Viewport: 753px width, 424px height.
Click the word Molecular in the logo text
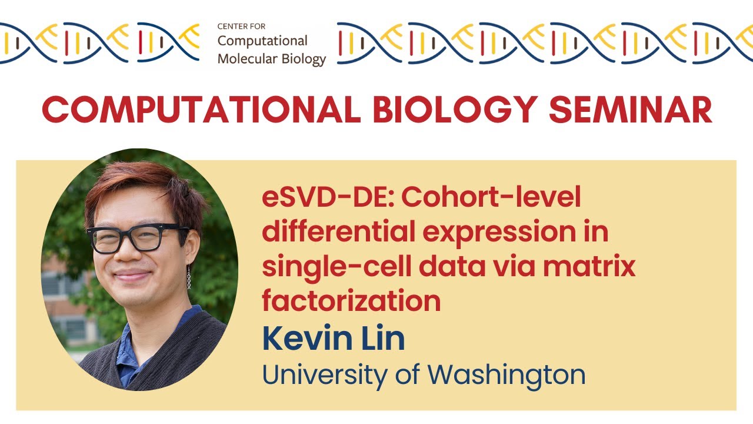tap(244, 58)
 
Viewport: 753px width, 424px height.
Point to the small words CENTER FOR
tap(241, 27)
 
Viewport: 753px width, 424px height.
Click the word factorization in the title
tap(351, 301)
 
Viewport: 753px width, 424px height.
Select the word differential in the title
tap(338, 231)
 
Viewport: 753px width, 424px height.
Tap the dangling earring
tap(189, 277)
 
